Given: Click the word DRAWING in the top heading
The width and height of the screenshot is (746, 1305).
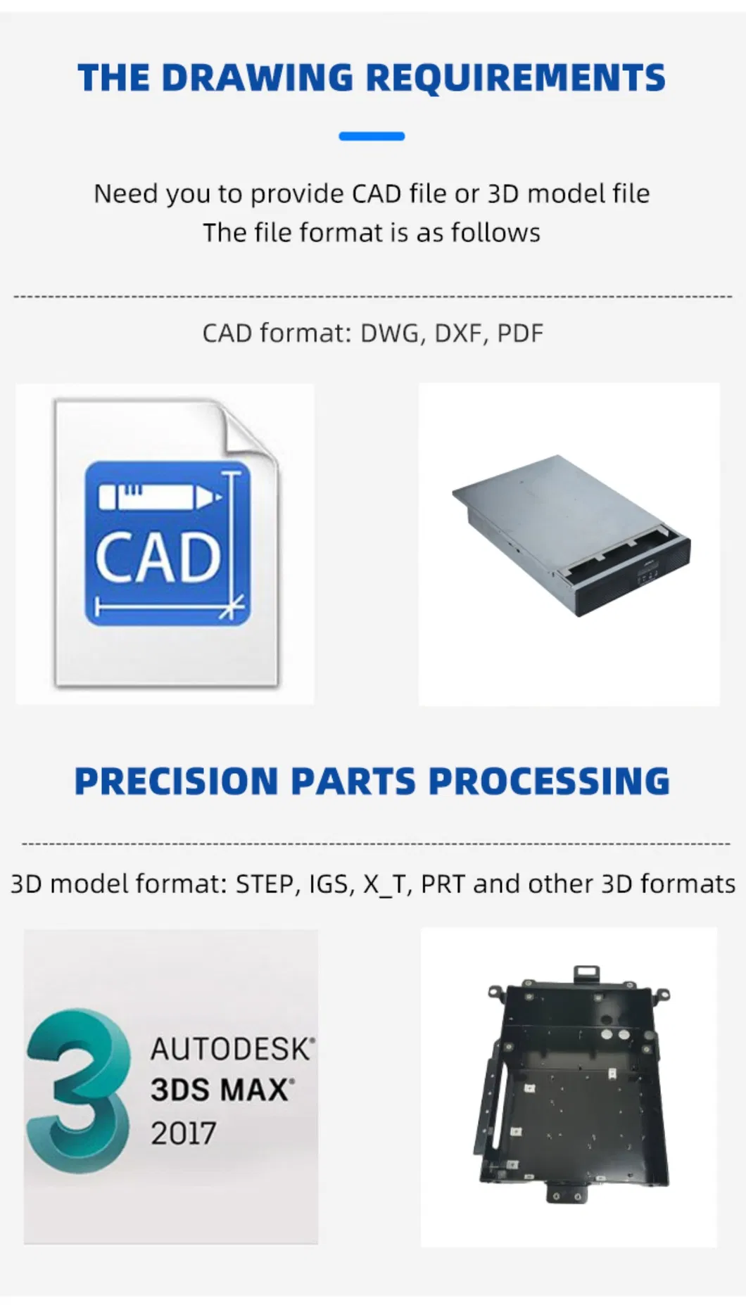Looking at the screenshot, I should [x=257, y=77].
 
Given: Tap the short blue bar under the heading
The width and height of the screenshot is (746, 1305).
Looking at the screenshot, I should [x=372, y=136].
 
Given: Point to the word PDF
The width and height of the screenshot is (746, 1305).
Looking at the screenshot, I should [x=520, y=333].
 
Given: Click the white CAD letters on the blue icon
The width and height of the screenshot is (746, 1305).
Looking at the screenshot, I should [x=158, y=559].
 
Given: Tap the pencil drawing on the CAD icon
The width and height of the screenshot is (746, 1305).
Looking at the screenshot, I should [x=160, y=496].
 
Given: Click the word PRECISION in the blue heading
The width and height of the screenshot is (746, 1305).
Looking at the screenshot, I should [x=177, y=782].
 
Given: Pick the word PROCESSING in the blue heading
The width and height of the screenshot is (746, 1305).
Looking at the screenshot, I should [x=549, y=782].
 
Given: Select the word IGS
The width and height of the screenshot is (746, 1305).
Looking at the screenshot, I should [x=328, y=884].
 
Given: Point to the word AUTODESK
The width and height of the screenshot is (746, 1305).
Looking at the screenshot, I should [x=230, y=1050].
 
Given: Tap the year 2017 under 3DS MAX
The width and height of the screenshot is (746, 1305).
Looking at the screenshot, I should [x=183, y=1133].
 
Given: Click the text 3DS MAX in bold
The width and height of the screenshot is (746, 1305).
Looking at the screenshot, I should [x=220, y=1090].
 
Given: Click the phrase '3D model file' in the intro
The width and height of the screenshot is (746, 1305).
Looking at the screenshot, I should [x=569, y=193].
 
